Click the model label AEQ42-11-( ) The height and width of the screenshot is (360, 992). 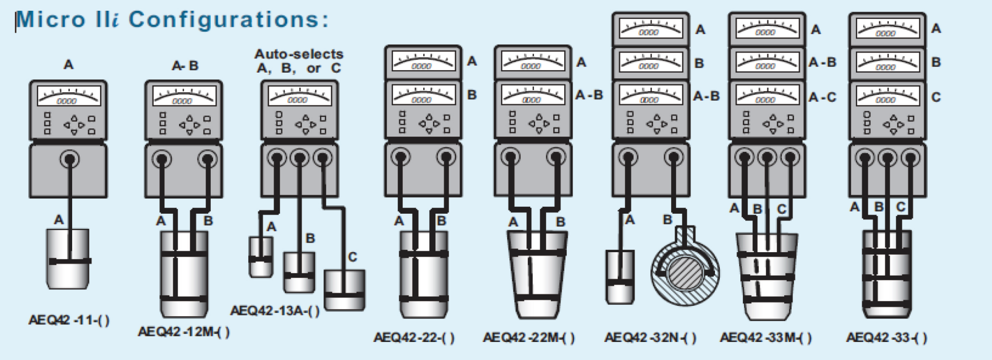[x=69, y=320]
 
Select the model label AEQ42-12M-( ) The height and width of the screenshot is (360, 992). [x=183, y=332]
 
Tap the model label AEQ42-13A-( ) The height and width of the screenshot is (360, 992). [x=275, y=311]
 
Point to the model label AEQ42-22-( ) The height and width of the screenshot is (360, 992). [x=414, y=338]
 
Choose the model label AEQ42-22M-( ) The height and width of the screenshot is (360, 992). [x=529, y=338]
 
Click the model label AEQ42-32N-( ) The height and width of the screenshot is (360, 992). [x=650, y=338]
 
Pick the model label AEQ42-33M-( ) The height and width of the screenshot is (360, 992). [x=766, y=338]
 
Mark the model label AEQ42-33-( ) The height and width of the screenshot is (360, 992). [x=886, y=338]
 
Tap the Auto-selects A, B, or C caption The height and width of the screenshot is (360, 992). [x=298, y=61]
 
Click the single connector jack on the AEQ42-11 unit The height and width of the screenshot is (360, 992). [x=69, y=159]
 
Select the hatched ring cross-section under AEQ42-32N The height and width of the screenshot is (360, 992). [x=685, y=271]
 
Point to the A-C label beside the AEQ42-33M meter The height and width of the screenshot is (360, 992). [x=822, y=98]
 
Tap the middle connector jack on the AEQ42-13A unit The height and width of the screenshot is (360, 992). [x=299, y=158]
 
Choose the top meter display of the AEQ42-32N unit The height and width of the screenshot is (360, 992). [x=650, y=29]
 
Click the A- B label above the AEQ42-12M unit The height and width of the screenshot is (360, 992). [x=185, y=66]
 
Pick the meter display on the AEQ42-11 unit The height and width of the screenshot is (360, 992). [x=69, y=96]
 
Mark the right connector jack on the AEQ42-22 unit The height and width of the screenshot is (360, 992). [x=446, y=157]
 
